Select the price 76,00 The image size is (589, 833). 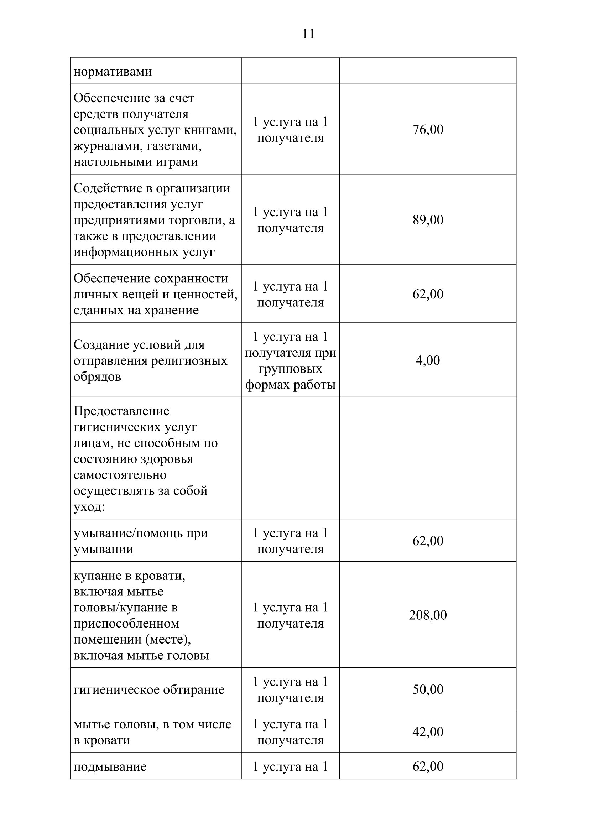428,130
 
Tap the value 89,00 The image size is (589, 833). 428,220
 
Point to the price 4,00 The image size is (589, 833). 428,360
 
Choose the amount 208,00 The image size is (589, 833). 428,615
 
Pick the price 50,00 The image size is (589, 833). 428,689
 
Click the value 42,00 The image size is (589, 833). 428,732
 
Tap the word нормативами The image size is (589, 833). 113,72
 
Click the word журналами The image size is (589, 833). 104,146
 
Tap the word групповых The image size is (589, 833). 290,369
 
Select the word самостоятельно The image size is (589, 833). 120,475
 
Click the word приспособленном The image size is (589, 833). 126,623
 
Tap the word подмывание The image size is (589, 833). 110,767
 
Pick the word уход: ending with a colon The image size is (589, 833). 89,507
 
